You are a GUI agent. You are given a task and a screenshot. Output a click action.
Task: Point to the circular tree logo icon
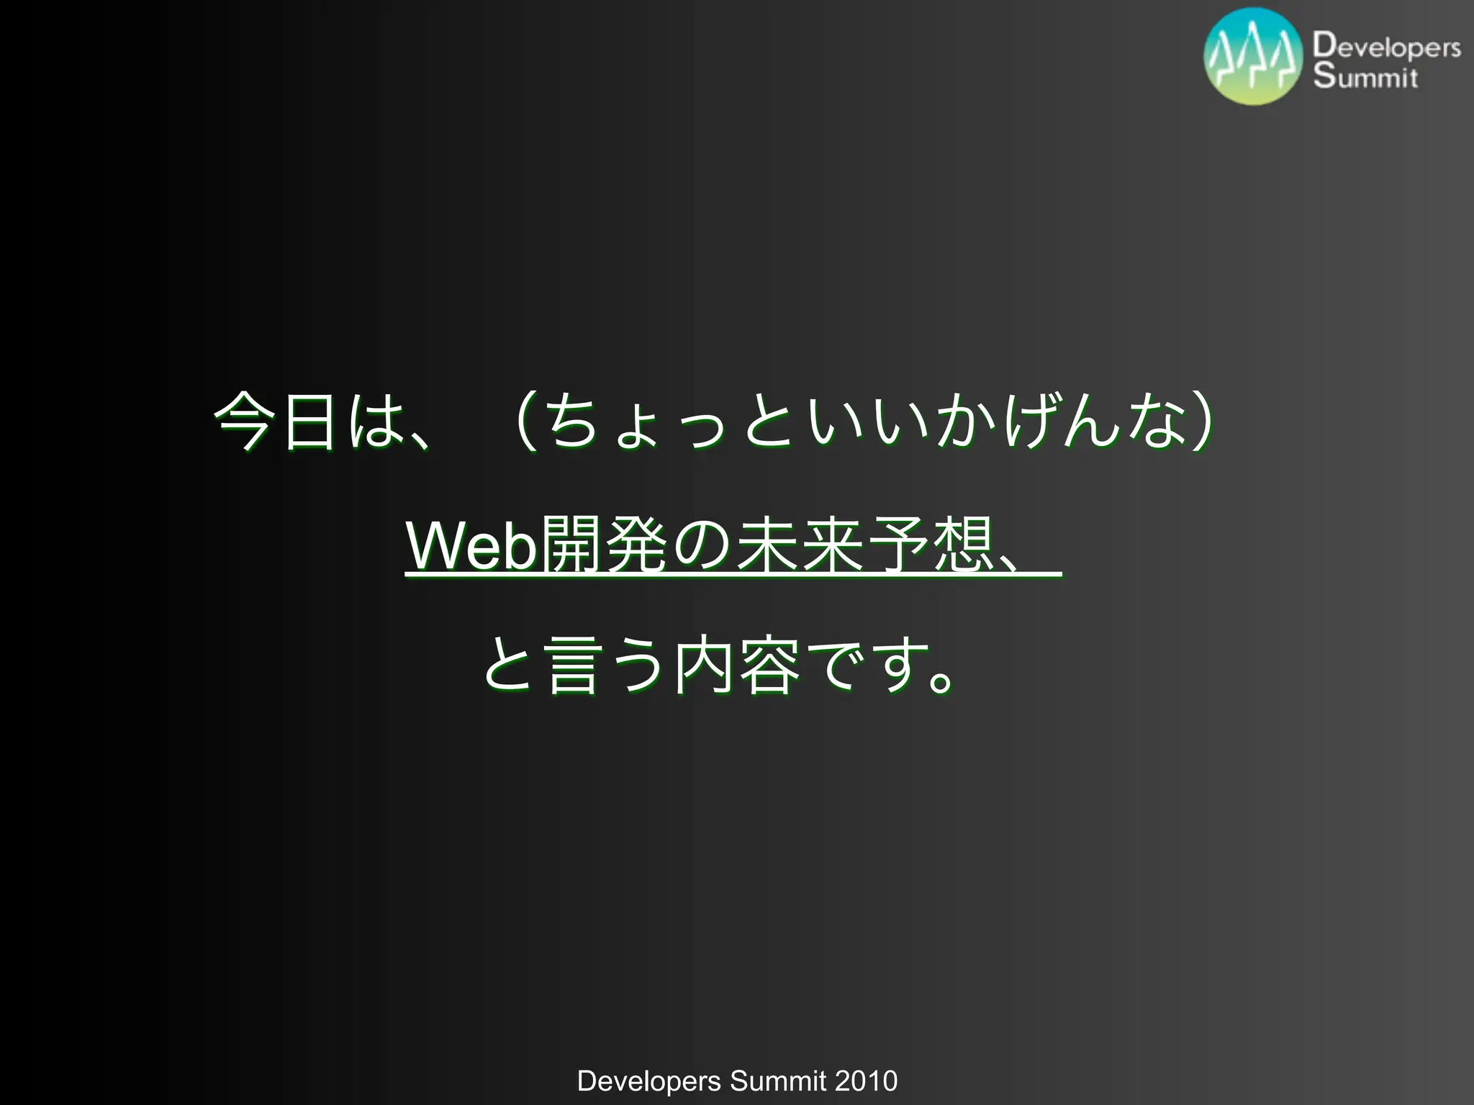pos(1253,56)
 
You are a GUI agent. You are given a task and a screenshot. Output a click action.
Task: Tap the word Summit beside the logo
pos(1365,76)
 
